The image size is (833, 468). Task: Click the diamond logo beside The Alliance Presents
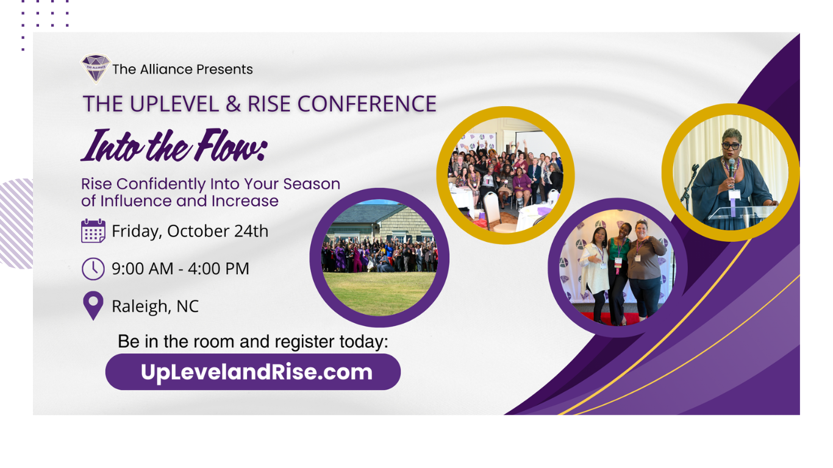(x=96, y=68)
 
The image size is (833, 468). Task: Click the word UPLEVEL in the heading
(x=174, y=104)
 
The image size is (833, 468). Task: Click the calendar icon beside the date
(x=93, y=231)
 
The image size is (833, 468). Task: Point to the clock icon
(x=93, y=269)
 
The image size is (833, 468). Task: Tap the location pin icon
(x=93, y=305)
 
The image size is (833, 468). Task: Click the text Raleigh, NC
(x=156, y=307)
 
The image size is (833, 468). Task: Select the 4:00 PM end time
(x=218, y=269)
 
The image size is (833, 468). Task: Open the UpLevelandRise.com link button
(x=253, y=372)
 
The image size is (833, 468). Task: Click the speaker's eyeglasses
(x=731, y=146)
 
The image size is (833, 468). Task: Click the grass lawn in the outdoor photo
(x=379, y=293)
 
